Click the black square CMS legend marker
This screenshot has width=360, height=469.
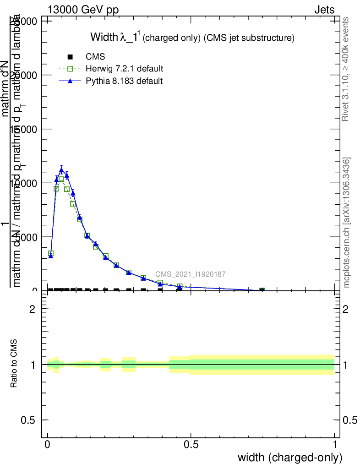70,57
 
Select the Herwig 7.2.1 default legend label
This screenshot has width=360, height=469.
125,69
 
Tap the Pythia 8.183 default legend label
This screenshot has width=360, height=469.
124,81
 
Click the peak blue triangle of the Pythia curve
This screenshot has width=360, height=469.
61,170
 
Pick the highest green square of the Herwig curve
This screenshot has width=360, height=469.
61,179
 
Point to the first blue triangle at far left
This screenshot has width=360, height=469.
51,256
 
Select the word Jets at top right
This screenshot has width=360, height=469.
324,10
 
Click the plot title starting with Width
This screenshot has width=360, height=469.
192,38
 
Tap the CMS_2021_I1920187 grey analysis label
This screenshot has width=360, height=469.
190,274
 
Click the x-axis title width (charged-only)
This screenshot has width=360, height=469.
290,458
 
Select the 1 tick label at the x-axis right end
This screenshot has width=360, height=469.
335,445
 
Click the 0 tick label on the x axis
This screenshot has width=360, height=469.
48,445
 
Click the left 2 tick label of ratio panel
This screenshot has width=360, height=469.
32,309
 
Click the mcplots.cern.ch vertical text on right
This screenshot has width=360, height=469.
347,223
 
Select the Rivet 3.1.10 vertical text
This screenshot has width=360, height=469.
346,69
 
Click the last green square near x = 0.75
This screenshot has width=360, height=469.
262,290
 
